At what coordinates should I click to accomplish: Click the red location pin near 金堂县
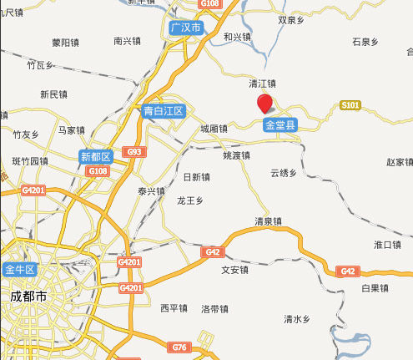tap(264, 104)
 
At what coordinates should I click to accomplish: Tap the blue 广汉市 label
tap(185, 28)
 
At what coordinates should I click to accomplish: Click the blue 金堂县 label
tap(280, 125)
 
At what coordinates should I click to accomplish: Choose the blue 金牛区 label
tap(19, 270)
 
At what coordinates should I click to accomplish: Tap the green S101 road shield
tap(350, 105)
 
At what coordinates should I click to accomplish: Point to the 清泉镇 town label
tap(269, 221)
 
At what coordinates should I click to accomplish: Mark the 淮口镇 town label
tap(388, 244)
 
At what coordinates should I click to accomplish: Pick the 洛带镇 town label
tap(214, 308)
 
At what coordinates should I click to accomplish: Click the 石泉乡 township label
tap(365, 40)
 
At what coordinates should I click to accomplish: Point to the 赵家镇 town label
tap(399, 161)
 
